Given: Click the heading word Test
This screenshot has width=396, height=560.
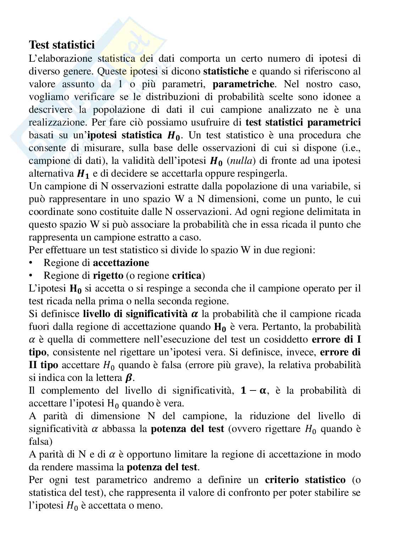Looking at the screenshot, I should pos(39,45).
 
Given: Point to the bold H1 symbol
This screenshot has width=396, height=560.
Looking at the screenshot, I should pos(81,174).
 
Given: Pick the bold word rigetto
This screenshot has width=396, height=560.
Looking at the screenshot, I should pos(108,276).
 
